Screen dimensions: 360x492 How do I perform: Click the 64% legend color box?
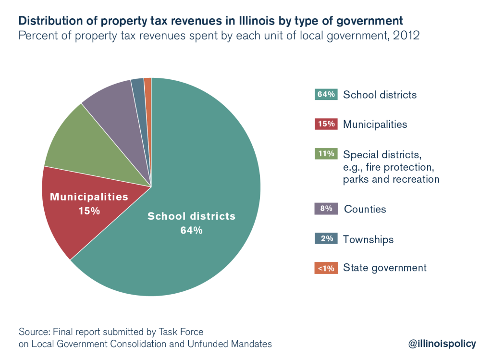click(326, 94)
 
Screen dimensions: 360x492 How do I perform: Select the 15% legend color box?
click(326, 124)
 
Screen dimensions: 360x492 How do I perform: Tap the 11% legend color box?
click(326, 154)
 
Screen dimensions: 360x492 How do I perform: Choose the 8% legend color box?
click(326, 209)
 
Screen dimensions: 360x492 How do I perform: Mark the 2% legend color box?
click(326, 239)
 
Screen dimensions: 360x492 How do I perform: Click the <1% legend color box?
click(326, 268)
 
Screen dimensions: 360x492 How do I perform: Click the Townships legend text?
click(368, 239)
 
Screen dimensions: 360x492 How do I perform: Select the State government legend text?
click(384, 268)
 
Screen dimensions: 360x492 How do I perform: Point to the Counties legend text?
click(365, 210)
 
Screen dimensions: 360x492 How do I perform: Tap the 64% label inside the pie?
click(191, 230)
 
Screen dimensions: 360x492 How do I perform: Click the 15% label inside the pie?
click(89, 211)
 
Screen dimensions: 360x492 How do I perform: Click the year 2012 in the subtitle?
click(406, 36)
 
